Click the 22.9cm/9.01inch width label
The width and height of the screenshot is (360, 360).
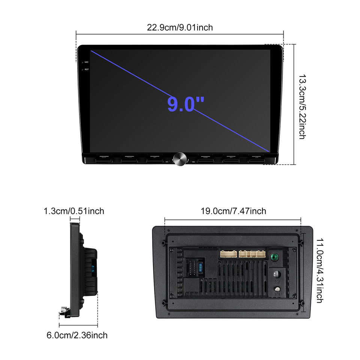pyautogui.click(x=180, y=27)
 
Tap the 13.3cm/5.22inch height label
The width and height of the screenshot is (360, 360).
pyautogui.click(x=302, y=106)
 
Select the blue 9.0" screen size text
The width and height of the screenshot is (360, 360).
pyautogui.click(x=186, y=104)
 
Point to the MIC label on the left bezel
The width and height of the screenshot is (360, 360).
pyautogui.click(x=86, y=62)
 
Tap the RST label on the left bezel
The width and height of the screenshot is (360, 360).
pyautogui.click(x=86, y=69)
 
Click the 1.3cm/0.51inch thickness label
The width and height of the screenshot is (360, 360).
pyautogui.click(x=74, y=211)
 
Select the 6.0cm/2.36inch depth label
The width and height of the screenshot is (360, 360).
pyautogui.click(x=77, y=335)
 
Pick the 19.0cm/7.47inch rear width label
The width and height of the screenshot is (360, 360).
pyautogui.click(x=233, y=211)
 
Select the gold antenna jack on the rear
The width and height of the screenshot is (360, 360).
pyautogui.click(x=277, y=289)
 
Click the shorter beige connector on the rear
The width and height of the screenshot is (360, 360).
pyautogui.click(x=228, y=254)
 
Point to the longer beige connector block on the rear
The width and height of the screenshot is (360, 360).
pyautogui.click(x=252, y=254)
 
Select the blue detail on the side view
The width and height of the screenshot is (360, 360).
pyautogui.click(x=92, y=268)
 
